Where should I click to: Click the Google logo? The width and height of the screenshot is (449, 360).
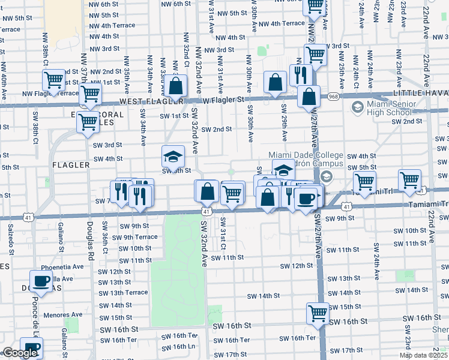click(x=20, y=353)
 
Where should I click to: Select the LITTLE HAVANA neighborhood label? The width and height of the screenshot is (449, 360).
click(x=420, y=94)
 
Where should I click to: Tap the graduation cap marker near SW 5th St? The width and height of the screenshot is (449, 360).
click(x=173, y=157)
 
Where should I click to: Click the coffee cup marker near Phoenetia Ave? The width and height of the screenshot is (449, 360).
click(x=41, y=281)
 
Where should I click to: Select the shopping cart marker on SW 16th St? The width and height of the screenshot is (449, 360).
click(x=318, y=312)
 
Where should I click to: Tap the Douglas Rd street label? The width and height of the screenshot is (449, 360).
click(x=89, y=237)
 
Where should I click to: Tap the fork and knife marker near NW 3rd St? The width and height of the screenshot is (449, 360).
click(x=298, y=75)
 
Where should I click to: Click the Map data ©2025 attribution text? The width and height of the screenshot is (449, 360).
click(x=423, y=355)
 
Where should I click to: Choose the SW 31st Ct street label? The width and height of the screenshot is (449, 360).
click(x=222, y=238)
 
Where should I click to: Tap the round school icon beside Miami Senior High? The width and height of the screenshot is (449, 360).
click(x=358, y=108)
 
